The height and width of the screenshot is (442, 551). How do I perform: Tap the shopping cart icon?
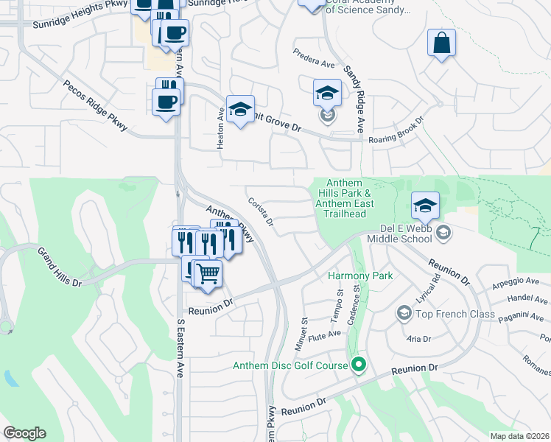209,274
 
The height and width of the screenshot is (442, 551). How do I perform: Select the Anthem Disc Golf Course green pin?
359,365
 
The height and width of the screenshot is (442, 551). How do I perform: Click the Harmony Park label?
360,276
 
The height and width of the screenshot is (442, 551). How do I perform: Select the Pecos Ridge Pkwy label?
96,108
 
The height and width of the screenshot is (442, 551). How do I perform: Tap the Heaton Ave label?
220,131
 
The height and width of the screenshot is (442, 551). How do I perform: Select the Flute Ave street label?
324,337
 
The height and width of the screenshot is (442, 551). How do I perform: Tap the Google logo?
24,433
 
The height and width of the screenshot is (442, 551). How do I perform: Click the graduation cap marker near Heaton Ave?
240,111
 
